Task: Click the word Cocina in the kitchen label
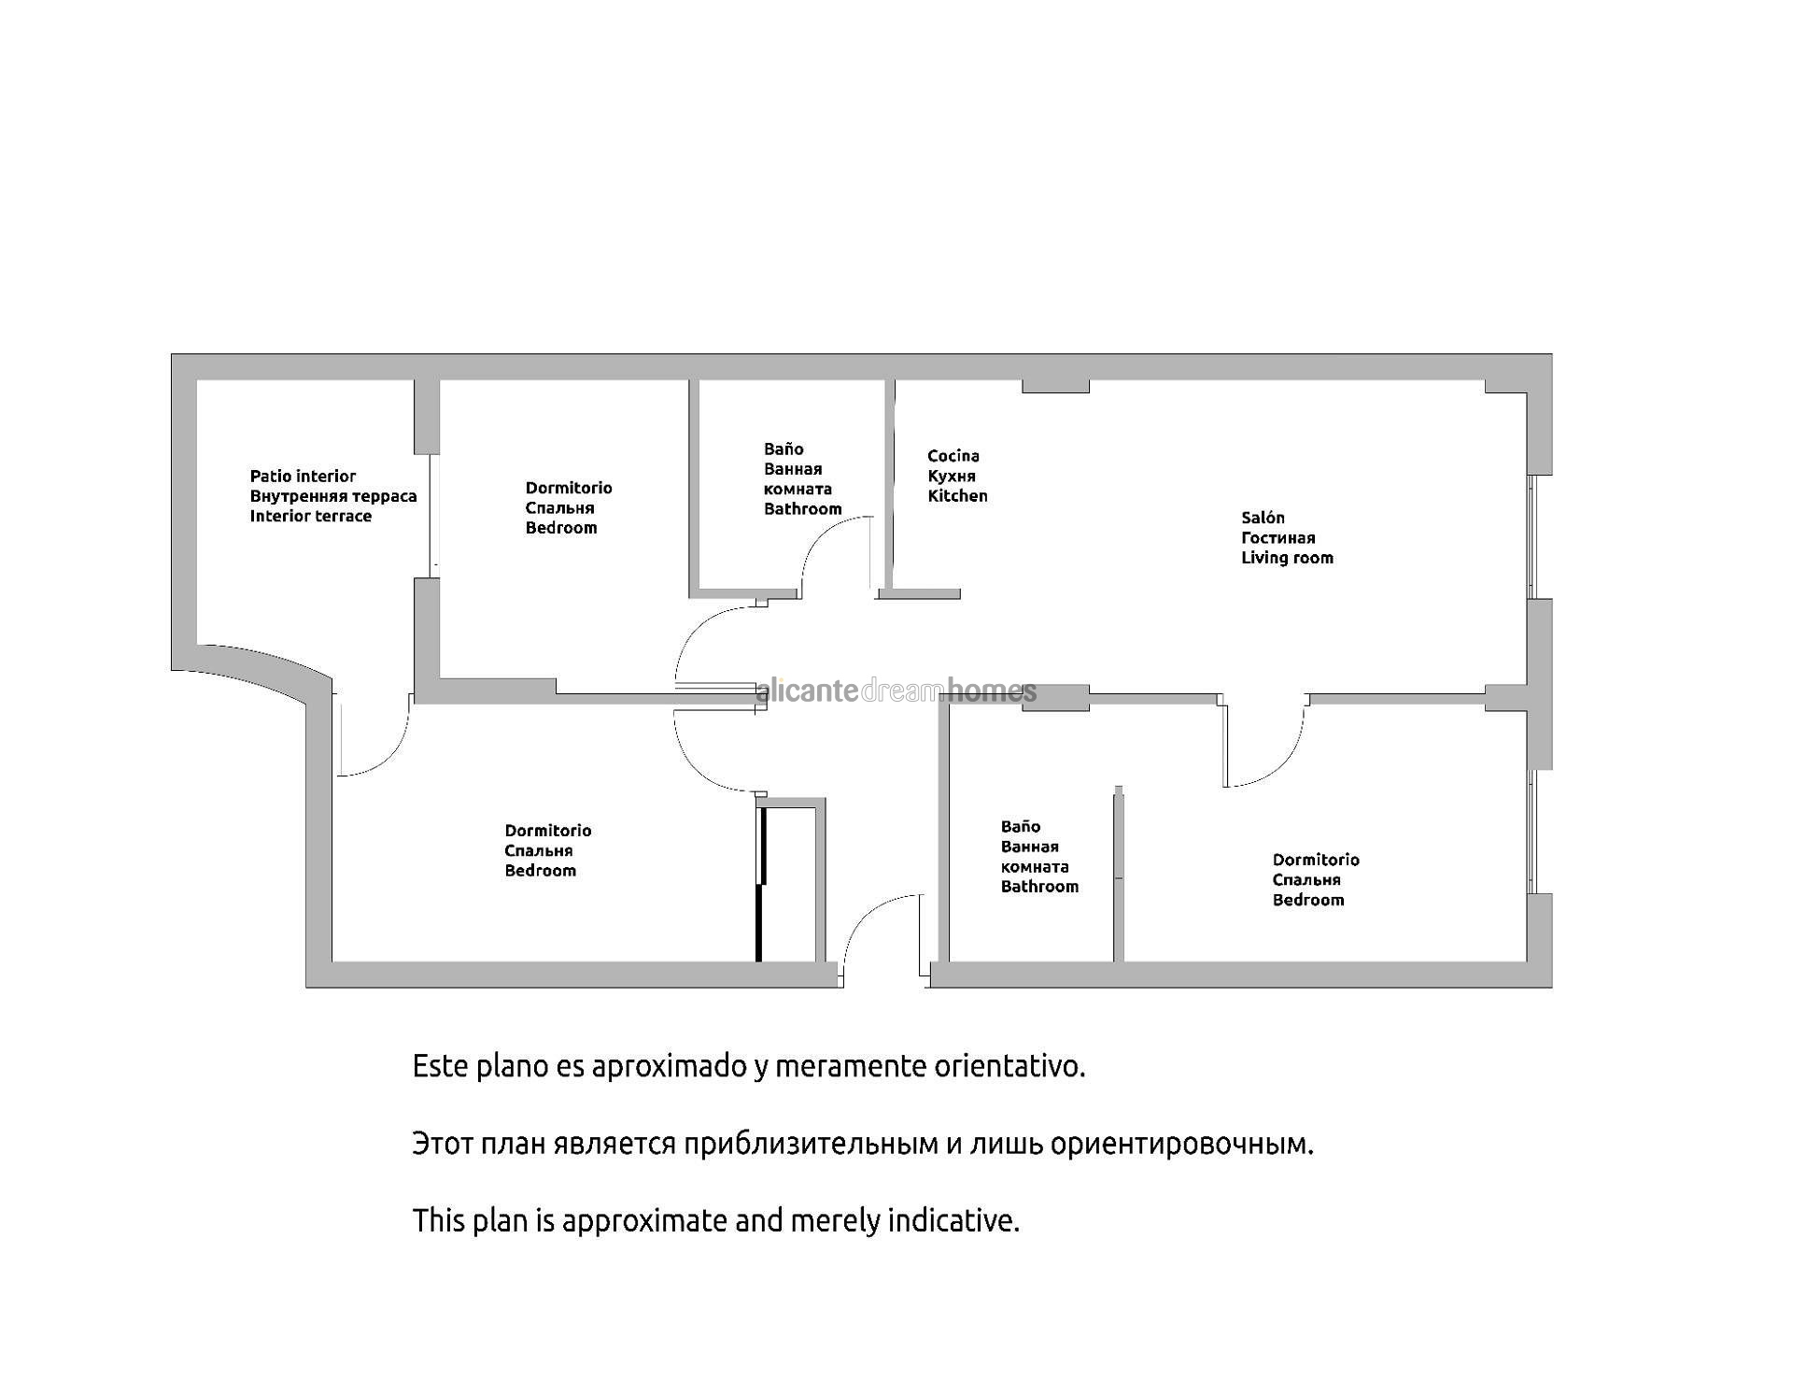pos(953,456)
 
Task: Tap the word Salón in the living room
pos(1263,518)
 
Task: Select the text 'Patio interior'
pos(303,477)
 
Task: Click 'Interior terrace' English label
pos(310,517)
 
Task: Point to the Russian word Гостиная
pos(1278,538)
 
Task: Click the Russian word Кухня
pos(951,477)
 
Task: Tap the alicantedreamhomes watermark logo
pos(896,691)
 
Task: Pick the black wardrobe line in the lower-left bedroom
pos(760,883)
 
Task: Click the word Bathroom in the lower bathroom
pos(1039,887)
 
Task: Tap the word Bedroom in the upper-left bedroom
pos(560,528)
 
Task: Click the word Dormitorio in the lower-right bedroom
pos(1315,860)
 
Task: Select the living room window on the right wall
pos(1532,537)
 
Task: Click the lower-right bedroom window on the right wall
pos(1532,832)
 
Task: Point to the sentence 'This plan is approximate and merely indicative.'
pos(715,1221)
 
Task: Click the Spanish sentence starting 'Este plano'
pos(748,1066)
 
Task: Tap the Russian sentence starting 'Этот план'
pos(862,1144)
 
